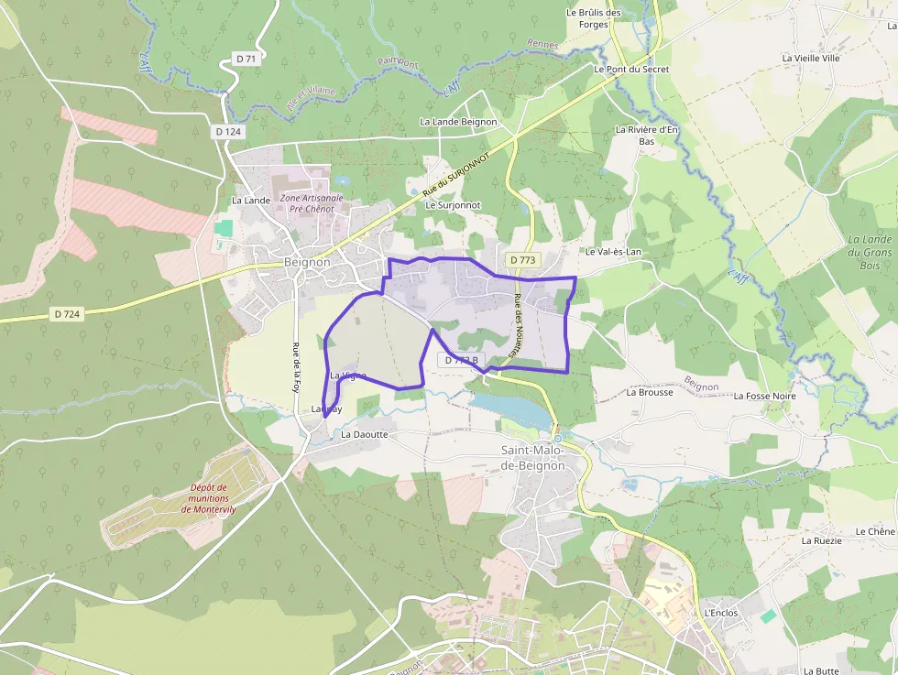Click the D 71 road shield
(246, 59)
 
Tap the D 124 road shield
(229, 132)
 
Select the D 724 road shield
(68, 314)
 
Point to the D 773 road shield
(521, 260)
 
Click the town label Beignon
(307, 262)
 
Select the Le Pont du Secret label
(631, 70)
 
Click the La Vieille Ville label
(811, 58)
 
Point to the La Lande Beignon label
(458, 122)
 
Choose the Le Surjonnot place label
(454, 206)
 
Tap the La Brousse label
(650, 392)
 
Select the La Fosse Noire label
(765, 396)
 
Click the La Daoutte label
(365, 434)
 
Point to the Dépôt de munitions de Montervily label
(210, 498)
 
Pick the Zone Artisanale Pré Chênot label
(312, 202)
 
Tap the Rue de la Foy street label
(296, 362)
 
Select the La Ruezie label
(821, 540)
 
